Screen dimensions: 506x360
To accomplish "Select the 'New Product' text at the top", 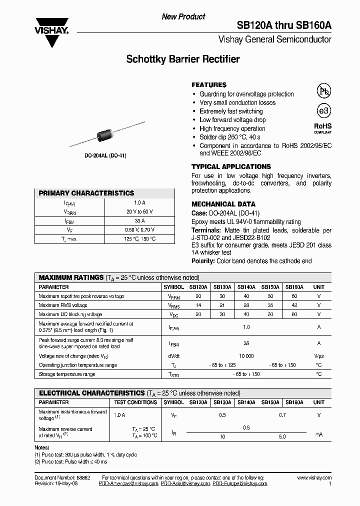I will click(183, 16).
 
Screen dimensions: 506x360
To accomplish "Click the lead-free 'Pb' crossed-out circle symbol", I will click(323, 90).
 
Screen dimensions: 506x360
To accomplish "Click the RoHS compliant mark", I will click(322, 128).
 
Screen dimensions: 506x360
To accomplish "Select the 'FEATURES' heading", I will click(209, 85).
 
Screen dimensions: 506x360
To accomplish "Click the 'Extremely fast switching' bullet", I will click(231, 111).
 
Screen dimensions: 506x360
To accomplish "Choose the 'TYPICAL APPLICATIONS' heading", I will click(231, 166).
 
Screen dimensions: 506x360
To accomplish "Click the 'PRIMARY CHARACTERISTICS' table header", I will click(86, 193).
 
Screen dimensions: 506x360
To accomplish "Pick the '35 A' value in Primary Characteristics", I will click(139, 220).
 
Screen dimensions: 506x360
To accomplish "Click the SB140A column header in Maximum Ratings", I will click(246, 287).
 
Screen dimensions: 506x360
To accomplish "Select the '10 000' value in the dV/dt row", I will click(246, 356).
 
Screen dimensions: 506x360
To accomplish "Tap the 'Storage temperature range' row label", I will click(66, 374).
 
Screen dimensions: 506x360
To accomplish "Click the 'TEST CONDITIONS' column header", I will click(135, 402).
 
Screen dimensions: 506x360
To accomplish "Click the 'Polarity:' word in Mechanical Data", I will click(203, 261).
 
